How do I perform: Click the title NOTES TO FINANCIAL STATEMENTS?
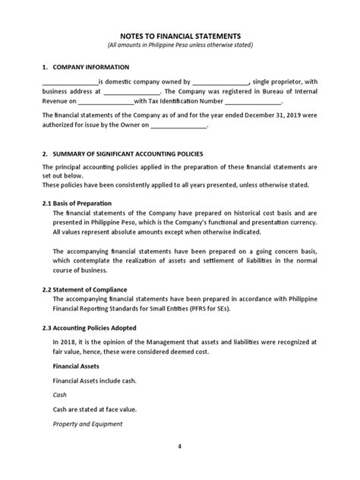coord(179,35)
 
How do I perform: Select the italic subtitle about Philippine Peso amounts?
coord(180,46)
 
